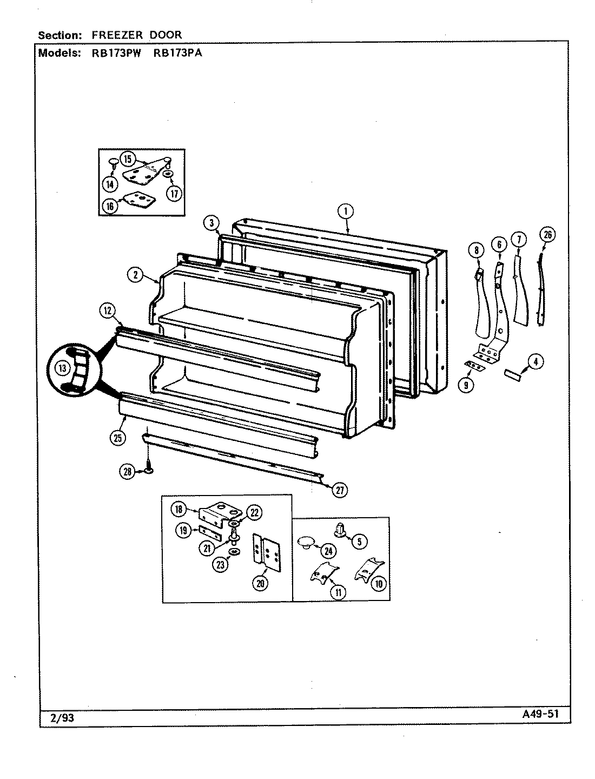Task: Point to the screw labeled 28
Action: [147, 464]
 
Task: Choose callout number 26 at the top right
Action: [547, 234]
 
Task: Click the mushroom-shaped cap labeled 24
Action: [306, 542]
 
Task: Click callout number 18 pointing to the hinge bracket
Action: [180, 508]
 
